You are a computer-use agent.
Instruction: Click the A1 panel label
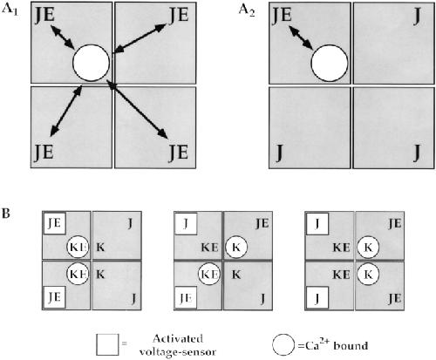(x=10, y=10)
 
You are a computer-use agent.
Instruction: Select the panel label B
(x=6, y=213)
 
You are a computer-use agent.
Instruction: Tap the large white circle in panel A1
(x=92, y=63)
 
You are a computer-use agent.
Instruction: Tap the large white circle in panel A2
(x=330, y=63)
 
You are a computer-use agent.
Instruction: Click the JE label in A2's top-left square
(x=282, y=15)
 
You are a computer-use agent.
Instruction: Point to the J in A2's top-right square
(x=417, y=17)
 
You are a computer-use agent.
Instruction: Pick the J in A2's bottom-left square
(x=279, y=153)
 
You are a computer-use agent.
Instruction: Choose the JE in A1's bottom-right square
(x=179, y=152)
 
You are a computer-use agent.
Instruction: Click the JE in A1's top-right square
(x=179, y=15)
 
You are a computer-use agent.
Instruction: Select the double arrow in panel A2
(x=301, y=37)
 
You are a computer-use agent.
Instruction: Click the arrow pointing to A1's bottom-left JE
(x=66, y=111)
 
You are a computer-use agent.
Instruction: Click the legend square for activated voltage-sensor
(x=107, y=344)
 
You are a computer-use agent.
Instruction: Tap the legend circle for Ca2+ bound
(x=283, y=345)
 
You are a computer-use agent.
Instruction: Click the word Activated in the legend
(x=178, y=339)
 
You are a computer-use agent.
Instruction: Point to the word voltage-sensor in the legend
(x=178, y=352)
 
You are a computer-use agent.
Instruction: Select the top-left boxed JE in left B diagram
(x=55, y=223)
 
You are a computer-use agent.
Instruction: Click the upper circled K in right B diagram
(x=368, y=248)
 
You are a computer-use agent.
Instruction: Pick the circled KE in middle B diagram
(x=209, y=274)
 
